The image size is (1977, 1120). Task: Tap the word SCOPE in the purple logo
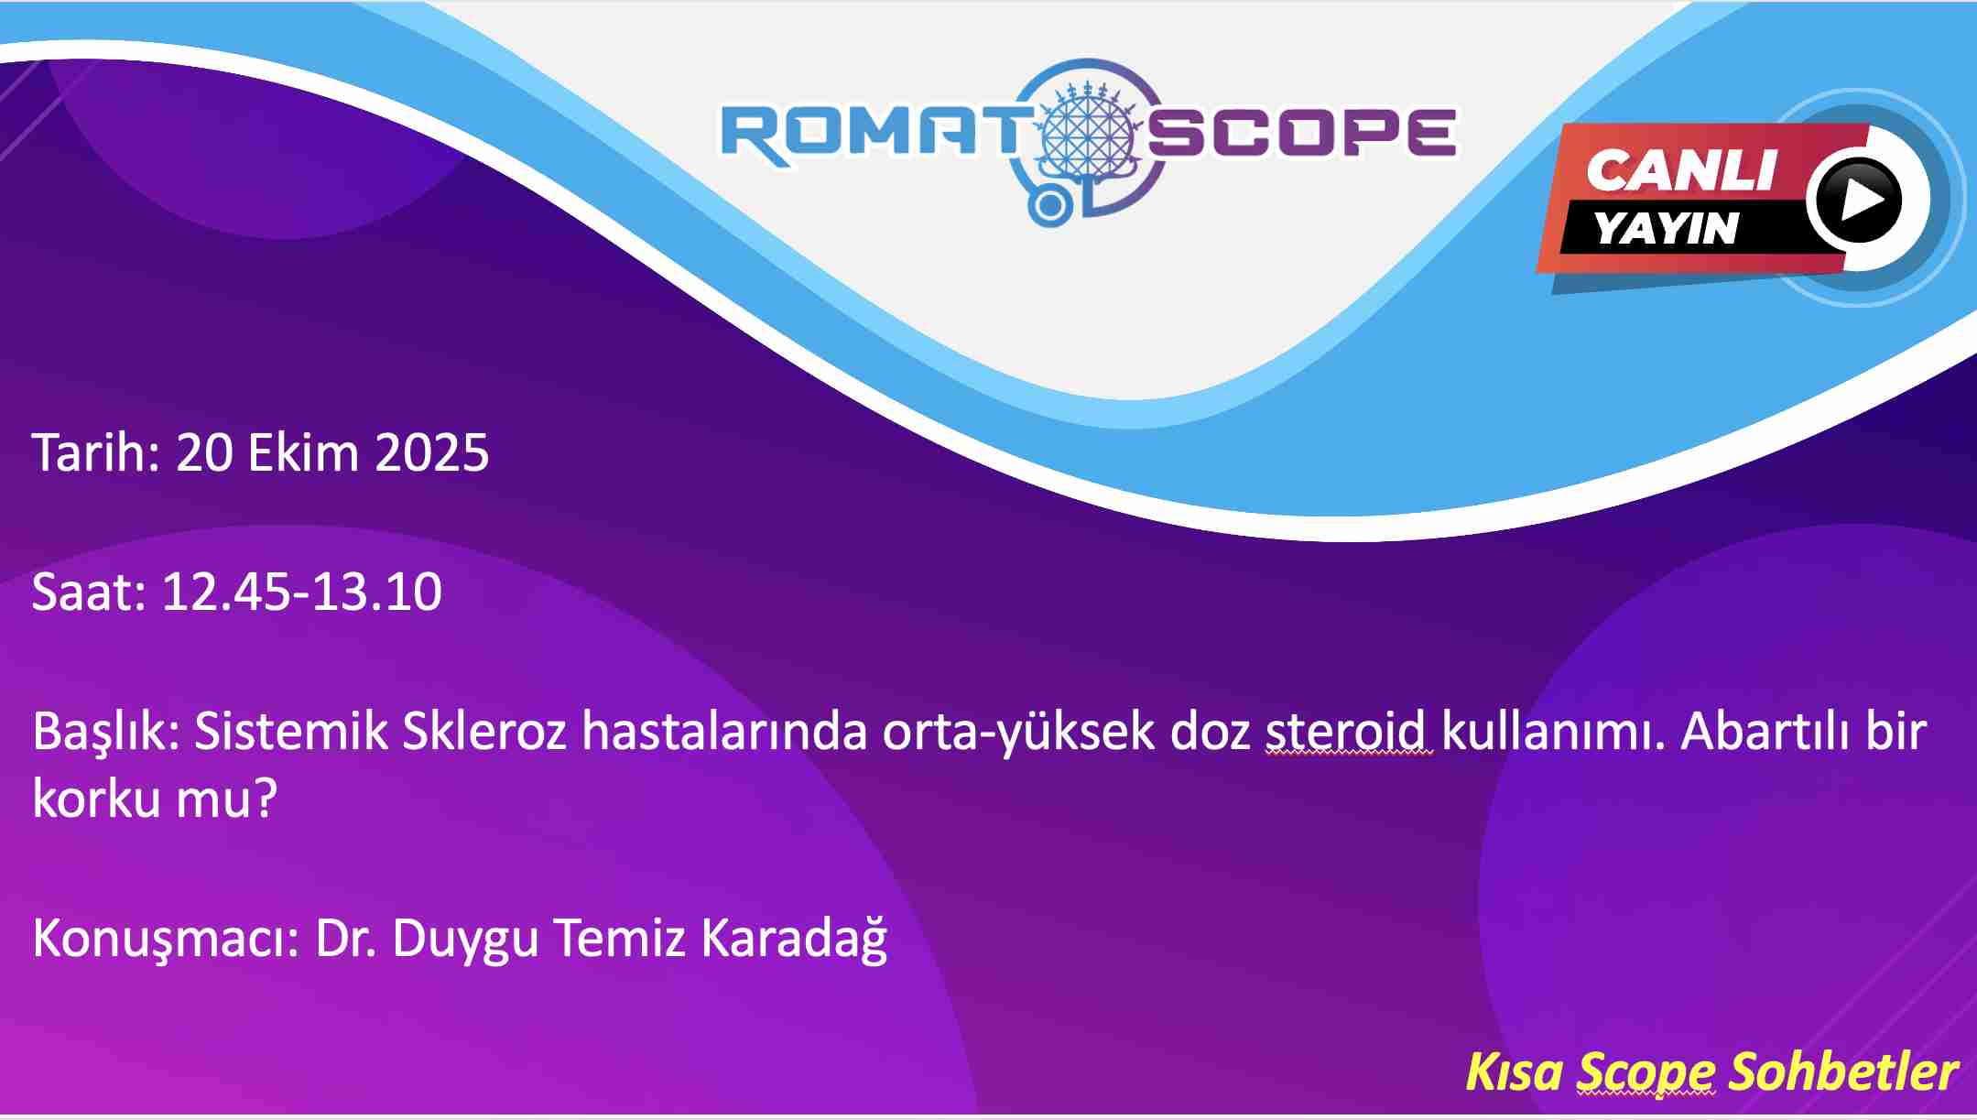(1300, 134)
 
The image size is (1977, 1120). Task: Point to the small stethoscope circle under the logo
(1049, 206)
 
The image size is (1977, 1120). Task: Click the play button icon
(1859, 199)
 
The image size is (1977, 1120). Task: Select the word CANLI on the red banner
(1681, 170)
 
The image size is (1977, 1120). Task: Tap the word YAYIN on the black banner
(1666, 228)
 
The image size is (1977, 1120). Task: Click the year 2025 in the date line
(432, 453)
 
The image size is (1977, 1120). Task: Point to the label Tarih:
(96, 452)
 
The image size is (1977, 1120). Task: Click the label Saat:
(89, 592)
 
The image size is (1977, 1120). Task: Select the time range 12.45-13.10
(302, 592)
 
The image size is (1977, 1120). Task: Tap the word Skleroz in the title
(484, 732)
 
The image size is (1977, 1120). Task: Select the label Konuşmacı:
(167, 940)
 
